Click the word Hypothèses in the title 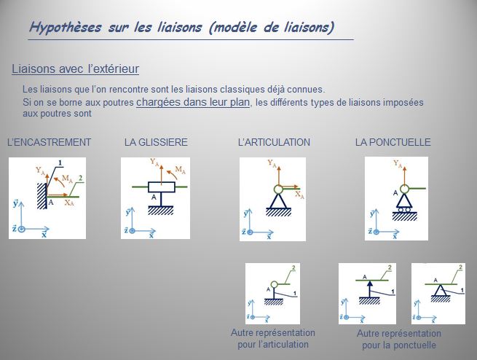[66, 28]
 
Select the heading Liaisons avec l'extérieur [76, 69]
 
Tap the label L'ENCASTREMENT [49, 142]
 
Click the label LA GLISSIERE [156, 142]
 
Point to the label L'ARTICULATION [274, 142]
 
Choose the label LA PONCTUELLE [393, 142]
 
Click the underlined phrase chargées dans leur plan [193, 102]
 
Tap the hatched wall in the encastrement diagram [42, 196]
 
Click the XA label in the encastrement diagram [69, 202]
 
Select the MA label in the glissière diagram [181, 170]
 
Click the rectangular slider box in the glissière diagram [162, 187]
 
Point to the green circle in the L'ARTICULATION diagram [278, 189]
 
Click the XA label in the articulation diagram [299, 195]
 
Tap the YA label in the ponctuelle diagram [398, 164]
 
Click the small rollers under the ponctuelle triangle [404, 210]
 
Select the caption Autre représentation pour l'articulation [273, 338]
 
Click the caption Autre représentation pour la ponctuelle [399, 340]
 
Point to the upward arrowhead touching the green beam [370, 284]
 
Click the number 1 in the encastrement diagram [60, 163]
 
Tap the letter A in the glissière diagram [154, 197]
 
